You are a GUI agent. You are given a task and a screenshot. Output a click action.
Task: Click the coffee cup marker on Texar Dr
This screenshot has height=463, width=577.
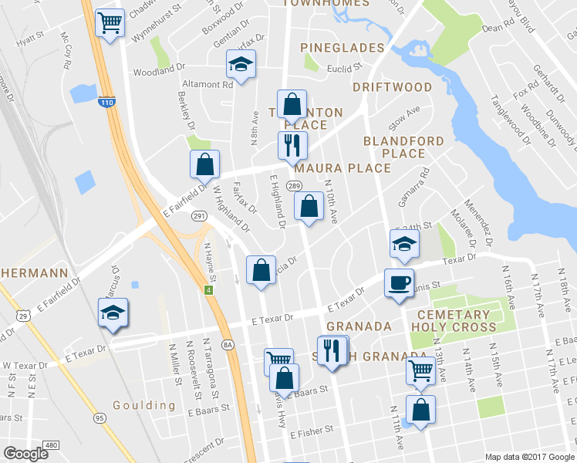(x=398, y=282)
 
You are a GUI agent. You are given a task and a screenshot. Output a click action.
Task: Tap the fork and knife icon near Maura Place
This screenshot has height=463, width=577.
(x=292, y=144)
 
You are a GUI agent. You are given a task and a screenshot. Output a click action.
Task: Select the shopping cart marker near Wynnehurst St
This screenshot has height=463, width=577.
(x=110, y=22)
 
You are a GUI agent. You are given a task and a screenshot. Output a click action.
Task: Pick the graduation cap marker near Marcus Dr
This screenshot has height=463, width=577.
(x=113, y=313)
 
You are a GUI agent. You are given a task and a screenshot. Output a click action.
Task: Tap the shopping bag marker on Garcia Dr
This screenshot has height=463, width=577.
(x=261, y=270)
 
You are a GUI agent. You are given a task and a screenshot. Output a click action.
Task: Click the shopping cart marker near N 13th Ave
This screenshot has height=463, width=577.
(x=420, y=370)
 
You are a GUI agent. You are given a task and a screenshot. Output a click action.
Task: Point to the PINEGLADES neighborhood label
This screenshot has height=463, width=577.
(x=342, y=48)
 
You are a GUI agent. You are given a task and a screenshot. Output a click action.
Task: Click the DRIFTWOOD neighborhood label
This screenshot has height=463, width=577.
(x=392, y=87)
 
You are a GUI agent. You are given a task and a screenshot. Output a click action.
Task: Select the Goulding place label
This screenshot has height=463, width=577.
(x=143, y=405)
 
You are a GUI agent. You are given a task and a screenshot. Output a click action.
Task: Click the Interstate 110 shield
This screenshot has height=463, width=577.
(x=107, y=102)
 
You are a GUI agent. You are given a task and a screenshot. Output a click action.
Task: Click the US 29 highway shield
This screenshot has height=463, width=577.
(x=25, y=316)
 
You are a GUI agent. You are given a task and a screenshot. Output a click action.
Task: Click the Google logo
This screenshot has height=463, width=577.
(x=26, y=453)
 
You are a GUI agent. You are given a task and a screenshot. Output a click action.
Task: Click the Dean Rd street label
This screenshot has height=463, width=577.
(x=498, y=26)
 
